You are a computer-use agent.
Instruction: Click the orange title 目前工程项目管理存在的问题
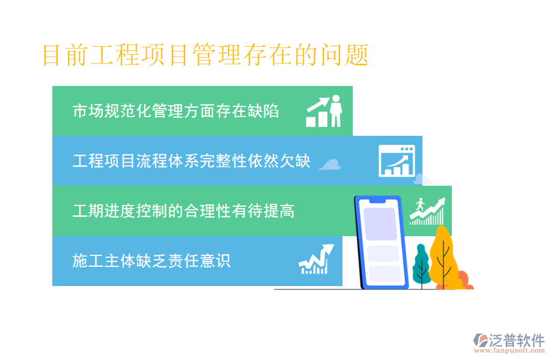(205, 55)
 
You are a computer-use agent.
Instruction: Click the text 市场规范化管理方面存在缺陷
(175, 111)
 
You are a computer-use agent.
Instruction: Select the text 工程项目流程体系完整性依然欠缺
(191, 161)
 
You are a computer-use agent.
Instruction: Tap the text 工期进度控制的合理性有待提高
(183, 211)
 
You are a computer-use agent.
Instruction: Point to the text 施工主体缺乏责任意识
(151, 261)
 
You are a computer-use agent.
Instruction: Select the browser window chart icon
(397, 160)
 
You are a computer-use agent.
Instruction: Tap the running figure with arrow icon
(427, 211)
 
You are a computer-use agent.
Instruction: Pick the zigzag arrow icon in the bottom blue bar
(315, 260)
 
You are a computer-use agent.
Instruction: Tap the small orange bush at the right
(464, 281)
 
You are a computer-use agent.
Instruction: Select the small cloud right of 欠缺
(329, 163)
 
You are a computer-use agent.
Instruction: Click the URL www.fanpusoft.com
(509, 350)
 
